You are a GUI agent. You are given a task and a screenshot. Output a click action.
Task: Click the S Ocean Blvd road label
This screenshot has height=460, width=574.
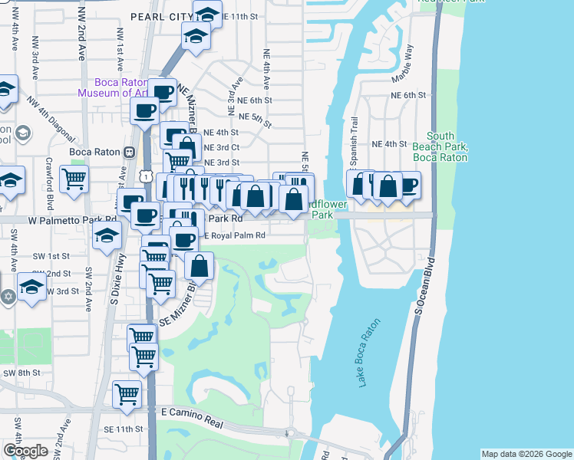420,291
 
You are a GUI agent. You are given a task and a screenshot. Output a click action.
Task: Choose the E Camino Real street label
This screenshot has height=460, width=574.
192,412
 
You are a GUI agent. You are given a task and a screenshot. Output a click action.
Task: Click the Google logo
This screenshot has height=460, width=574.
26,451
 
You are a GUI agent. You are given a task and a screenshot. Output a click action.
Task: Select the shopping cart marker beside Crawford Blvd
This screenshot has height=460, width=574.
74,179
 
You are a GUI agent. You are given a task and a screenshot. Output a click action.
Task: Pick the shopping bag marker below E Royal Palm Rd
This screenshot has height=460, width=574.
200,267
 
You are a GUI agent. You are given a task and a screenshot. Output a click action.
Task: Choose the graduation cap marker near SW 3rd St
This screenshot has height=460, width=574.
32,287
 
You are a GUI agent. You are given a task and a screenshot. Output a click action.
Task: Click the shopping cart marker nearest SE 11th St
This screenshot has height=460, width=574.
127,394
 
